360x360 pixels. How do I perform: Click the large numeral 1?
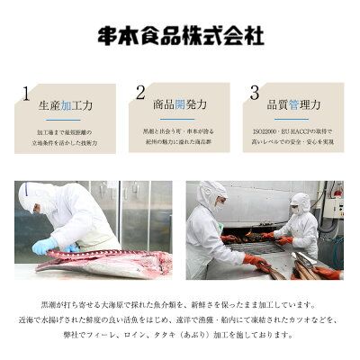tap(27, 93)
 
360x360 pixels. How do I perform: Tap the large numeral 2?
tap(140, 93)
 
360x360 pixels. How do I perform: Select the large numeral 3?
tap(255, 93)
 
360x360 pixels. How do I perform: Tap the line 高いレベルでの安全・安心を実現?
tap(292, 143)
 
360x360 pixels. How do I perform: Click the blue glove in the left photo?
tap(45, 246)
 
